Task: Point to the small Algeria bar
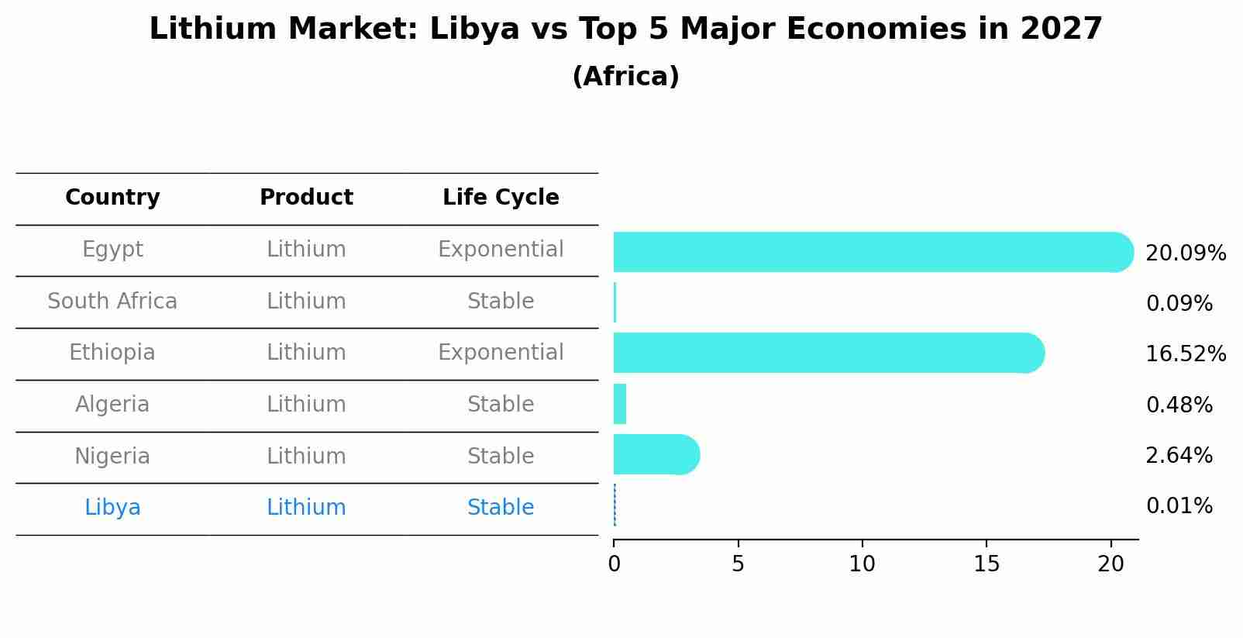tap(620, 404)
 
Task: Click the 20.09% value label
tap(1185, 253)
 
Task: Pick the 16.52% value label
tap(1185, 354)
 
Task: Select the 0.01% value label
tap(1179, 506)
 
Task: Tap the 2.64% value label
tap(1179, 456)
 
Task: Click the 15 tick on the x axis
tap(986, 564)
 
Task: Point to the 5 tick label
tap(738, 564)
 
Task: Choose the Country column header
tap(112, 198)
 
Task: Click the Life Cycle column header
tap(501, 198)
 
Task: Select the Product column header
tap(306, 198)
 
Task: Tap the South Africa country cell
tap(112, 302)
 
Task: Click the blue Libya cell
tap(112, 508)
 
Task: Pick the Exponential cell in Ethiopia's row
tap(501, 353)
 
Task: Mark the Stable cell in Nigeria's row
tap(501, 457)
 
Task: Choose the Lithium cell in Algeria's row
tap(306, 405)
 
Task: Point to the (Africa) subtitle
tap(625, 77)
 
